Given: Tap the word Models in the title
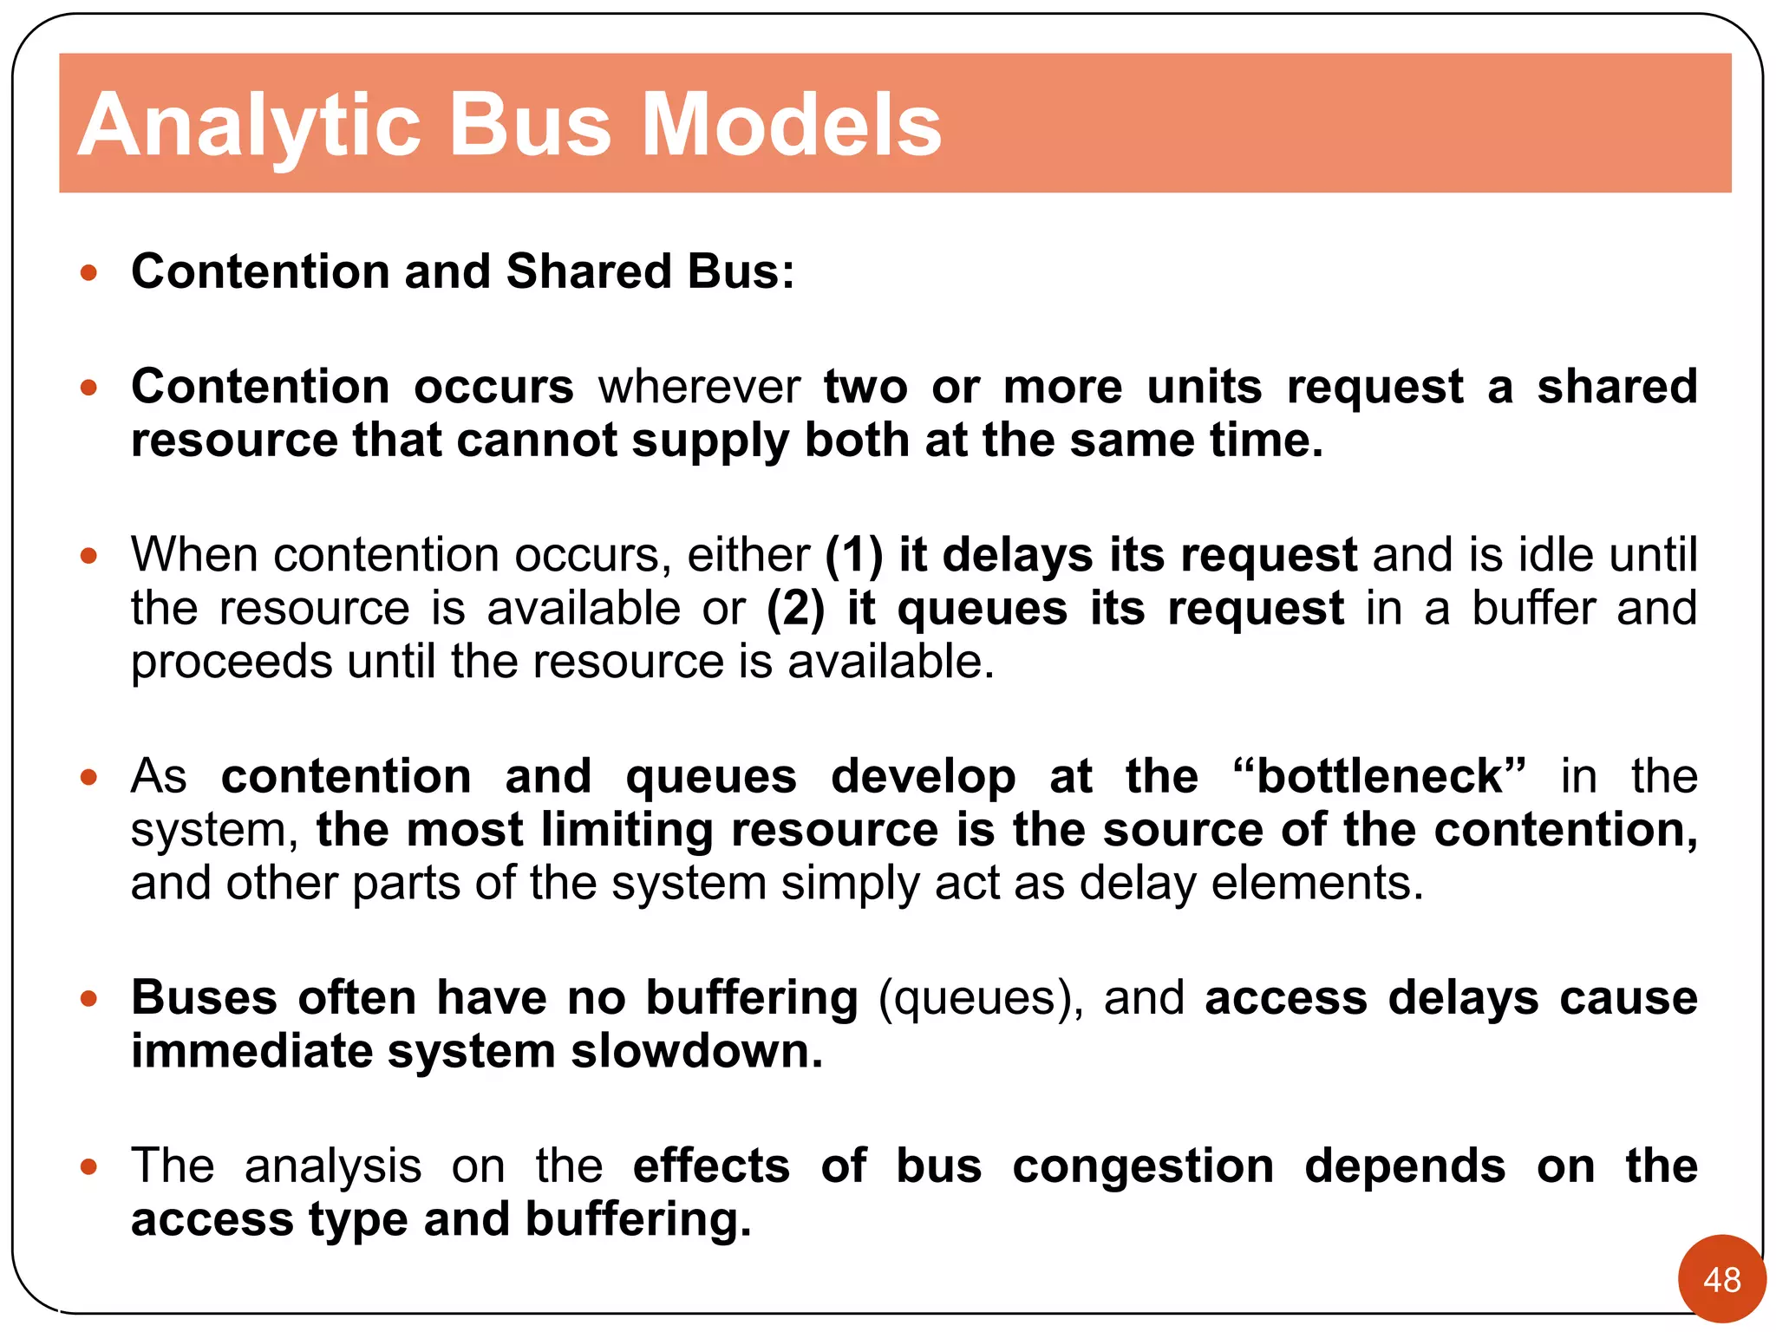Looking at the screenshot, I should point(791,127).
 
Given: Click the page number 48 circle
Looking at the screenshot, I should point(1721,1279).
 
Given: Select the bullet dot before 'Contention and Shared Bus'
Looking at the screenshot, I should point(88,273).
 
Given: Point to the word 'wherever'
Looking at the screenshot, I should point(699,387).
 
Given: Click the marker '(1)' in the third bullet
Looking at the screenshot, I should point(853,555).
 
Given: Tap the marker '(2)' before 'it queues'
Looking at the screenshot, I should point(795,609).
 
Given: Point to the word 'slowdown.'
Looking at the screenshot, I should point(696,1052).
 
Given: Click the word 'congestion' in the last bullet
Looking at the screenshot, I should point(1143,1167).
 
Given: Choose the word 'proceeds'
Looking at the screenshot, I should point(232,663).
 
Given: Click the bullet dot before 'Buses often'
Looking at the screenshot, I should point(88,999).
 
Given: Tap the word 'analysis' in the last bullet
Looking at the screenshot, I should point(333,1166).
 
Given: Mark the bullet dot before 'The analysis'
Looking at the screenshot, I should point(88,1167).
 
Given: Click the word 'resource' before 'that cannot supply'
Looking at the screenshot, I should point(233,441).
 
